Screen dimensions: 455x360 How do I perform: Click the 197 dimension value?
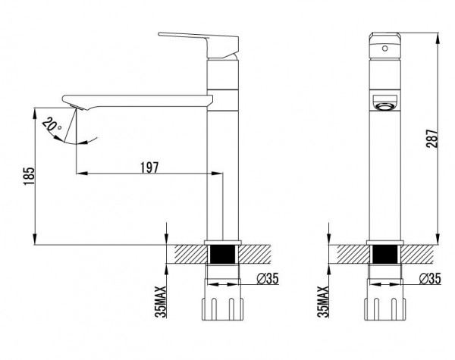149,167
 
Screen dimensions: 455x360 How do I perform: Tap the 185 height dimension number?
29,176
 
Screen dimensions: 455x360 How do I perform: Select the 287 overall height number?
432,139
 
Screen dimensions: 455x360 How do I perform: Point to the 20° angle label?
52,125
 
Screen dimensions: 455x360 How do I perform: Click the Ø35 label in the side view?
267,279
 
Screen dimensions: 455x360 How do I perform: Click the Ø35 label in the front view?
430,279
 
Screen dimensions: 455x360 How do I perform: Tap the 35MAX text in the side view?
161,302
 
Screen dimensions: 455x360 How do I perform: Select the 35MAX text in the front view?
323,302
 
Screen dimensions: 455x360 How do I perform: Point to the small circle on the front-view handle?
384,49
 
